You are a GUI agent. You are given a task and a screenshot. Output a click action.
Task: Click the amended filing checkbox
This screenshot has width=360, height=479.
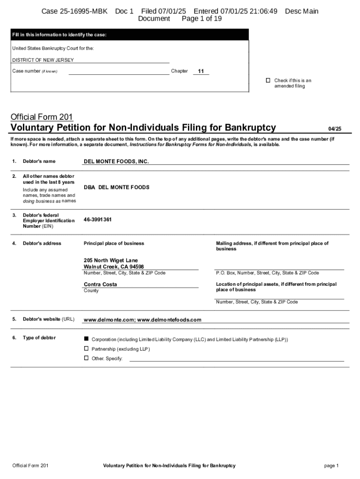[x=268, y=80]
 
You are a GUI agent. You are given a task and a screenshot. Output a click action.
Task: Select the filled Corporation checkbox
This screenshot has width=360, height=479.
[x=86, y=338]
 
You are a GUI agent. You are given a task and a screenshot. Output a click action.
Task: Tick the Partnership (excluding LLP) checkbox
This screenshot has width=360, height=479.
[x=86, y=348]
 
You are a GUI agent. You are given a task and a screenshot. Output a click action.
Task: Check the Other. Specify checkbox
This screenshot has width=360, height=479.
[x=86, y=358]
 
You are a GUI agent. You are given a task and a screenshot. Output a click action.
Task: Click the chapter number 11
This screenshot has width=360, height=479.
[x=201, y=72]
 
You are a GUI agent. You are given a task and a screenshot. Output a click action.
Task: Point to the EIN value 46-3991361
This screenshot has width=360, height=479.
[x=98, y=219]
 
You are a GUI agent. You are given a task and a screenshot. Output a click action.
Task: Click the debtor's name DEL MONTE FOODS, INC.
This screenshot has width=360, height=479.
[x=116, y=161]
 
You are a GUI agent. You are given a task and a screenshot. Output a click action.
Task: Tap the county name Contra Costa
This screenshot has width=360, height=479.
[x=101, y=284]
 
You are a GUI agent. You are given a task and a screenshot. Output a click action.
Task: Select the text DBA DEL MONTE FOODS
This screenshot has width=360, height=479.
[x=116, y=187]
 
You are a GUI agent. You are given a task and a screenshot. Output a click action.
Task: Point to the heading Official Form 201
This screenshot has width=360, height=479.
[x=42, y=117]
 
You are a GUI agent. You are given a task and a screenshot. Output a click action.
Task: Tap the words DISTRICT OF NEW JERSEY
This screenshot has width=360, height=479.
[x=43, y=60]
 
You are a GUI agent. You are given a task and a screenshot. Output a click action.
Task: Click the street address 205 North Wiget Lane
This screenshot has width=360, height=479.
[x=111, y=260]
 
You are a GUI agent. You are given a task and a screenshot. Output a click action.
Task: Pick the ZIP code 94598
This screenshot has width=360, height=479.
[x=136, y=267]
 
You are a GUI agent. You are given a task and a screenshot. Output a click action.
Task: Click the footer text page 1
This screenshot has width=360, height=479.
[x=331, y=465]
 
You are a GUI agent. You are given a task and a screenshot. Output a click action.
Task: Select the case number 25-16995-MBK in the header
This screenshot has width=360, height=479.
[x=75, y=11]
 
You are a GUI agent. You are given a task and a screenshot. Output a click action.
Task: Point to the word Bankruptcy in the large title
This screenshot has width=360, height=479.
[x=250, y=128]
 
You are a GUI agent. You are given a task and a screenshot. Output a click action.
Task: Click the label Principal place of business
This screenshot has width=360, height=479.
[x=114, y=243]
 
